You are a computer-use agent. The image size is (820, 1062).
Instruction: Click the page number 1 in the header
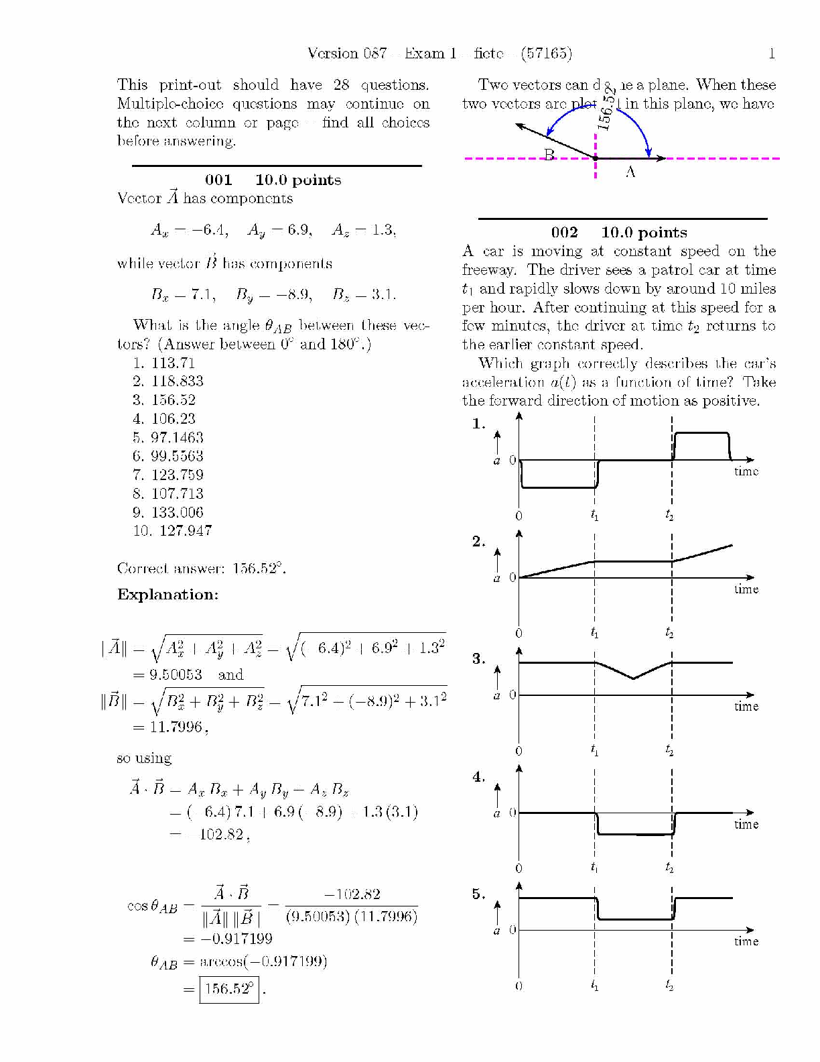pyautogui.click(x=772, y=54)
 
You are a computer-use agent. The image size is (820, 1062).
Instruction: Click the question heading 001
pyautogui.click(x=218, y=180)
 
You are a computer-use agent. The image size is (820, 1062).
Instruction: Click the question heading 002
pyautogui.click(x=564, y=233)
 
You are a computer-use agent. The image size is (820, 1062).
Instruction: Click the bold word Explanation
pyautogui.click(x=167, y=595)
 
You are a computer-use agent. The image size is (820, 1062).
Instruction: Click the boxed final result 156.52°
pyautogui.click(x=229, y=989)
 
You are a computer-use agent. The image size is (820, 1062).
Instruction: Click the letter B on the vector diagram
pyautogui.click(x=549, y=155)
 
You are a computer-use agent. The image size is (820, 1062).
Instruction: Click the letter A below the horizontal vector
pyautogui.click(x=630, y=172)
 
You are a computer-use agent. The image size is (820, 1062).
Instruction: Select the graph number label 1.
pyautogui.click(x=478, y=424)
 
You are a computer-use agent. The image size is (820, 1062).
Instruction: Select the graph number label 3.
pyautogui.click(x=478, y=659)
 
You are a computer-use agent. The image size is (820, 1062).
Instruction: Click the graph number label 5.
pyautogui.click(x=478, y=894)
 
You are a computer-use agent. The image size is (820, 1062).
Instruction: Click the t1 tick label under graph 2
pyautogui.click(x=595, y=633)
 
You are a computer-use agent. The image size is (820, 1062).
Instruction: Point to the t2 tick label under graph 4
pyautogui.click(x=669, y=868)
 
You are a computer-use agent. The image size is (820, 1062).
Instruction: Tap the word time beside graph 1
pyautogui.click(x=746, y=471)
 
